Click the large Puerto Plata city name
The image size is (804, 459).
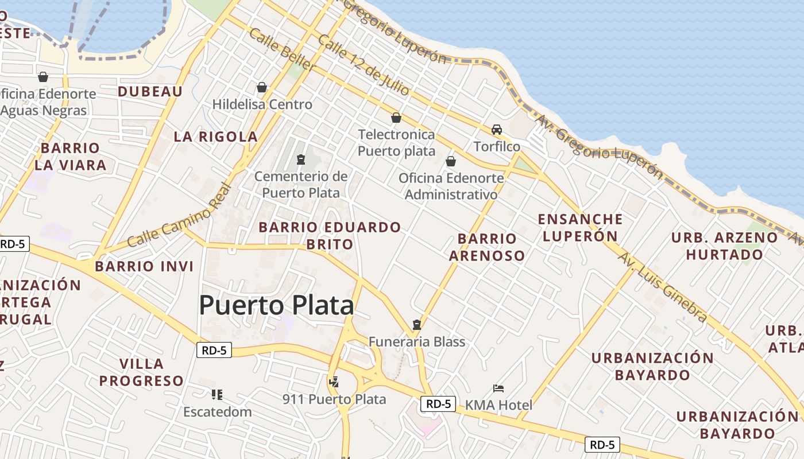276,305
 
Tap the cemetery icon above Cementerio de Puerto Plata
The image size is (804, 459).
300,159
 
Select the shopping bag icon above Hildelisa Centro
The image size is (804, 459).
262,87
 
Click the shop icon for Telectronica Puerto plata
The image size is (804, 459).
396,118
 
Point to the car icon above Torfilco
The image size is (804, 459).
497,130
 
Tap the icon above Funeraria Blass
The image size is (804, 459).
417,325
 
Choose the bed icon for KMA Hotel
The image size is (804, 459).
498,388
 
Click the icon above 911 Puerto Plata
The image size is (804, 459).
334,381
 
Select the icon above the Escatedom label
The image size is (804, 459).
217,394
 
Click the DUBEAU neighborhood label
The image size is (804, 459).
150,92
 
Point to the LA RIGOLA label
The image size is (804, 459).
216,137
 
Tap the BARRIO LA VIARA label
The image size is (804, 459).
70,157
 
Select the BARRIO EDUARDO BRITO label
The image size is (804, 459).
330,235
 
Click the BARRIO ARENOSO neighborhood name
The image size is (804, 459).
487,247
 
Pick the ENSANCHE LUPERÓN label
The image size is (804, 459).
580,227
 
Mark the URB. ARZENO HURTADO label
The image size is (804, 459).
725,246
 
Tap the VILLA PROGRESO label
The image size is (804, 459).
141,372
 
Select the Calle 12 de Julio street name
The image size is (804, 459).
364,65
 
